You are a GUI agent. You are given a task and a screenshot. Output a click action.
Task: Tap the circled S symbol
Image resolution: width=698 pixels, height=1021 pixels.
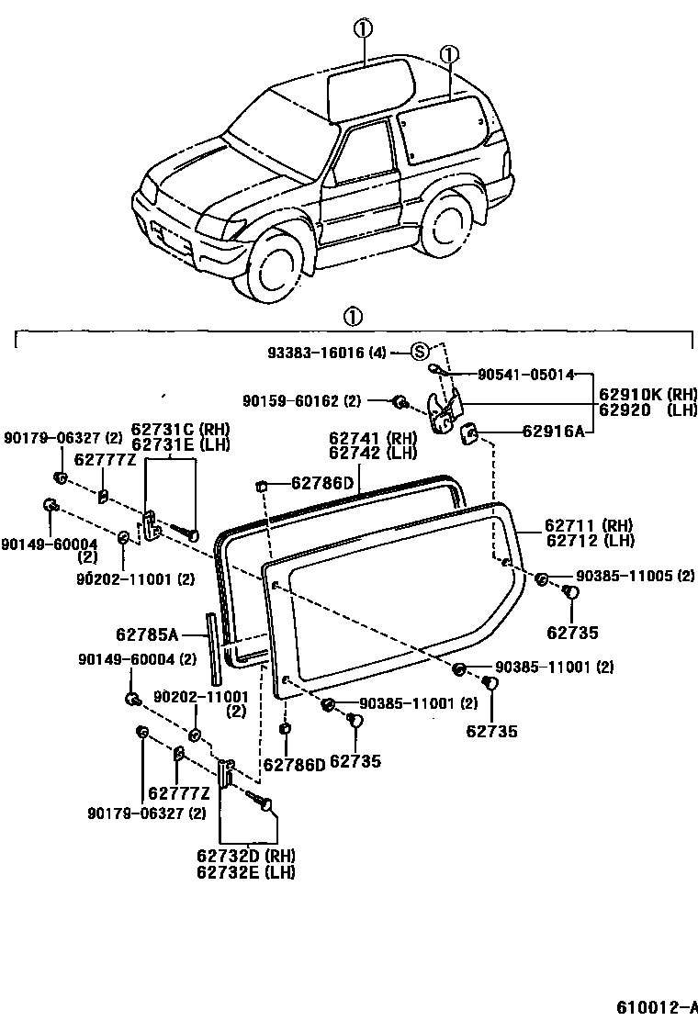(x=419, y=352)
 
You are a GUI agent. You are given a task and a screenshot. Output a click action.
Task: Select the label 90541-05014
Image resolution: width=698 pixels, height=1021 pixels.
(x=525, y=374)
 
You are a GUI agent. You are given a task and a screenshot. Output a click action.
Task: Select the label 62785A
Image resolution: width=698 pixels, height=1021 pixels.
(x=146, y=633)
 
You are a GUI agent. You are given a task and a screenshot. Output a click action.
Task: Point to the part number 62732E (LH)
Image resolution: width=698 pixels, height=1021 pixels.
(x=245, y=872)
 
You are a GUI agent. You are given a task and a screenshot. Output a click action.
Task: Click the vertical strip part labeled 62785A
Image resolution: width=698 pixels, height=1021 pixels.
(x=214, y=648)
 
